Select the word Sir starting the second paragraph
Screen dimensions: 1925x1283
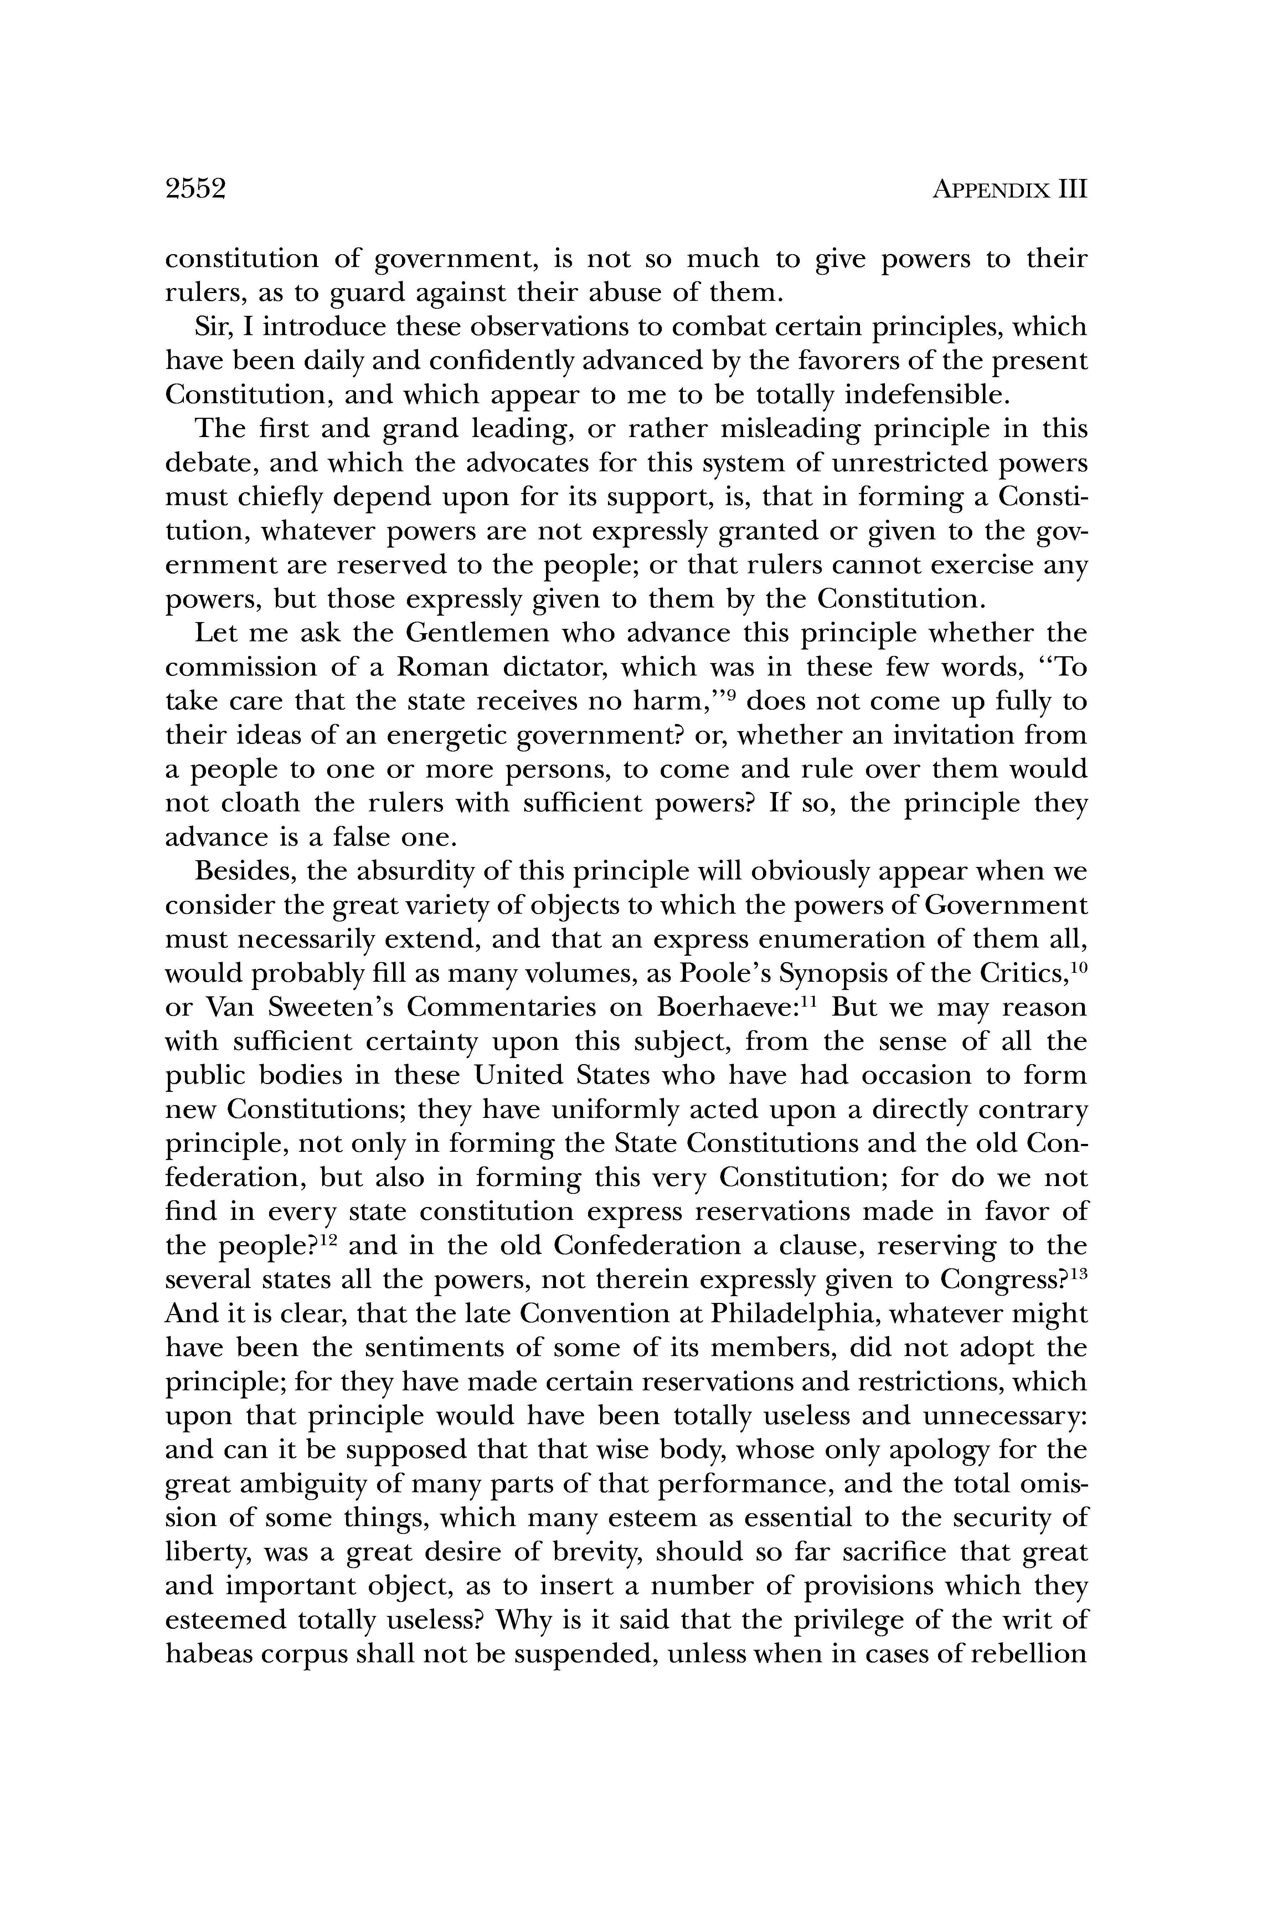point(211,327)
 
